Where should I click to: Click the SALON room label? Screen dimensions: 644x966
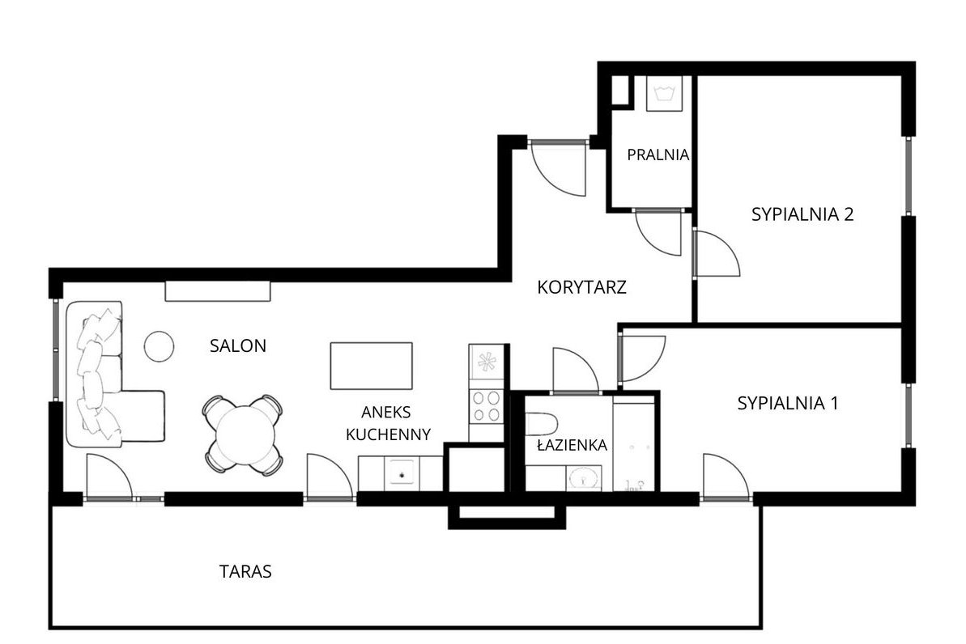(x=238, y=346)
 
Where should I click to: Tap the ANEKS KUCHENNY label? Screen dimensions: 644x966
(x=388, y=423)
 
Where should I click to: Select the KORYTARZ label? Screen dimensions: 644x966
(x=582, y=287)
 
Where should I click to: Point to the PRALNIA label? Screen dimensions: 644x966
(x=658, y=154)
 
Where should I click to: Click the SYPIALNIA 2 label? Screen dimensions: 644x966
(x=803, y=215)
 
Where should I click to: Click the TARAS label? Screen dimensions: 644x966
(x=245, y=572)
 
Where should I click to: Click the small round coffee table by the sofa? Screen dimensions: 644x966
(x=159, y=346)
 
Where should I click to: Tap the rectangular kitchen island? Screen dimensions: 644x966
(x=371, y=366)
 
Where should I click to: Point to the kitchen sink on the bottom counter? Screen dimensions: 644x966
(x=401, y=472)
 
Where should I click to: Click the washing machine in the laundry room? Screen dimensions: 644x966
(x=665, y=94)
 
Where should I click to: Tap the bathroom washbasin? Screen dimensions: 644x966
(x=583, y=478)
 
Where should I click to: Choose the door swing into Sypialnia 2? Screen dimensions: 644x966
(x=716, y=253)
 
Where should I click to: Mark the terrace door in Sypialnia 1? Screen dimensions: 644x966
(x=725, y=479)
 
